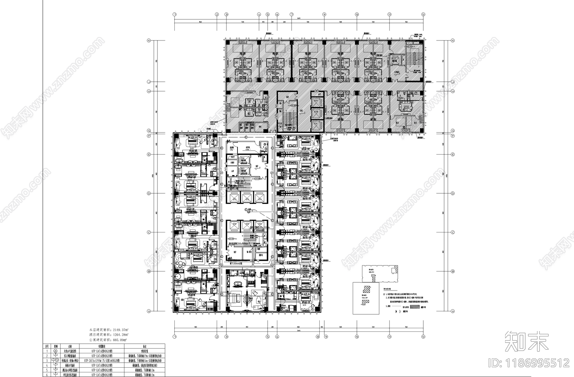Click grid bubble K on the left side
click(149, 41)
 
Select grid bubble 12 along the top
click(424, 15)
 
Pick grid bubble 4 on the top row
click(259, 15)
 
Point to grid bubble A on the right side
click(453, 311)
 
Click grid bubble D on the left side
click(149, 193)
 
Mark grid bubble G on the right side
click(453, 131)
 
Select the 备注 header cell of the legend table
click(144, 347)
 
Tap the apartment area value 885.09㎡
click(120, 339)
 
